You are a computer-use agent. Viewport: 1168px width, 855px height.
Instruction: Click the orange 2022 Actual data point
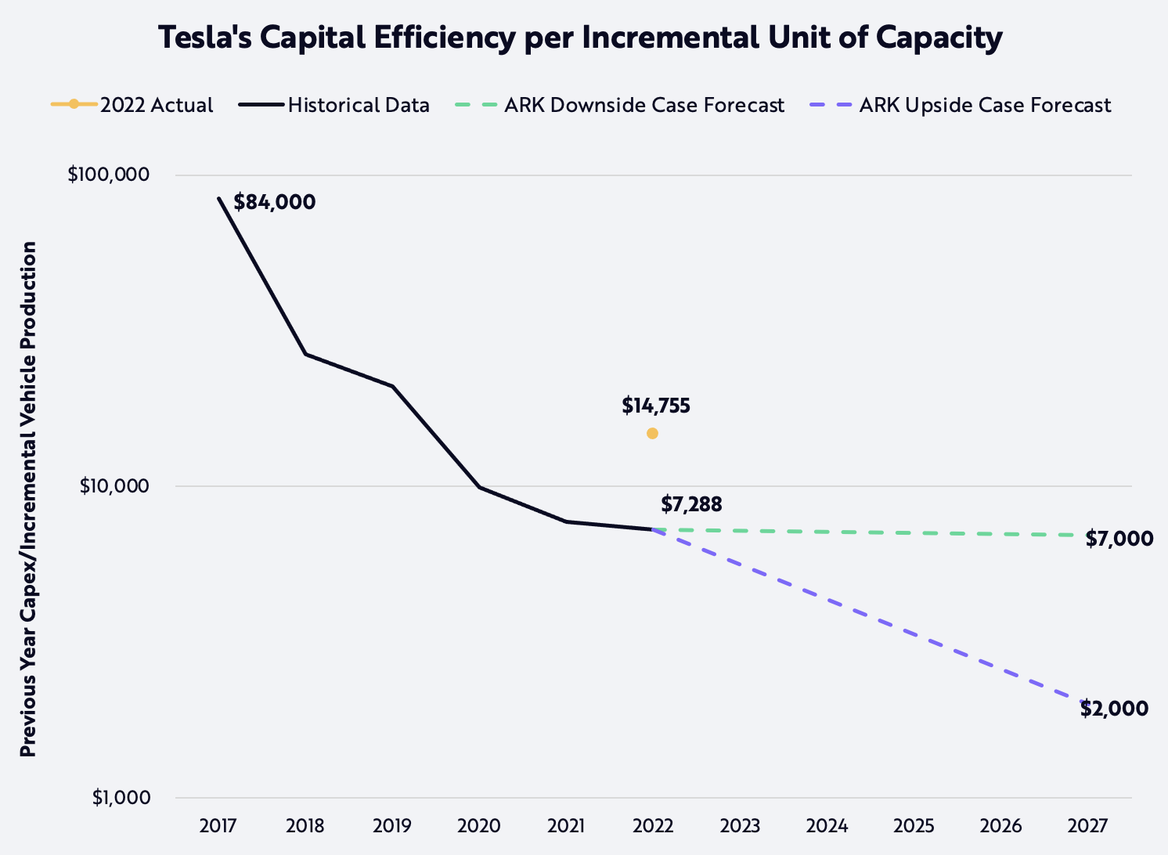652,433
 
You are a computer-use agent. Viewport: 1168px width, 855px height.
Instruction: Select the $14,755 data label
656,406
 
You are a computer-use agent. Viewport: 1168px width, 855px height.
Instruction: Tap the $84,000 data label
275,202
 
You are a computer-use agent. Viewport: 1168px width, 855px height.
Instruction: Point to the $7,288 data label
691,504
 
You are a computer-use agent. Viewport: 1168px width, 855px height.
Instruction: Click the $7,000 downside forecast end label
1119,539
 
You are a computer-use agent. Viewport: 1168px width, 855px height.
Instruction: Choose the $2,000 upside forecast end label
1114,709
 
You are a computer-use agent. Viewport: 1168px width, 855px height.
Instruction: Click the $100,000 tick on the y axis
108,175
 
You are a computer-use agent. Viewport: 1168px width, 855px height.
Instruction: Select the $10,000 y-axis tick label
114,486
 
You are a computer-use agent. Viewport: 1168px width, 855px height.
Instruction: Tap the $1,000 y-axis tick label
121,798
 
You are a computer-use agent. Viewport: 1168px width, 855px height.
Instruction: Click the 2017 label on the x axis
218,826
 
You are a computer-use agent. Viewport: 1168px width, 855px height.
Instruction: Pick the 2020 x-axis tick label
479,826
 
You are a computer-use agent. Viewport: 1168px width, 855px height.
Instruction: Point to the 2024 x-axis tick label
827,826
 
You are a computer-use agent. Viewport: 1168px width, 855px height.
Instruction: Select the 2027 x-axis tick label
1087,826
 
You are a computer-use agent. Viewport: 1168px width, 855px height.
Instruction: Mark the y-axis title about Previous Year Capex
28,499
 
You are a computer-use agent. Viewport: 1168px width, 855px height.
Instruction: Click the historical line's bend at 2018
305,354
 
